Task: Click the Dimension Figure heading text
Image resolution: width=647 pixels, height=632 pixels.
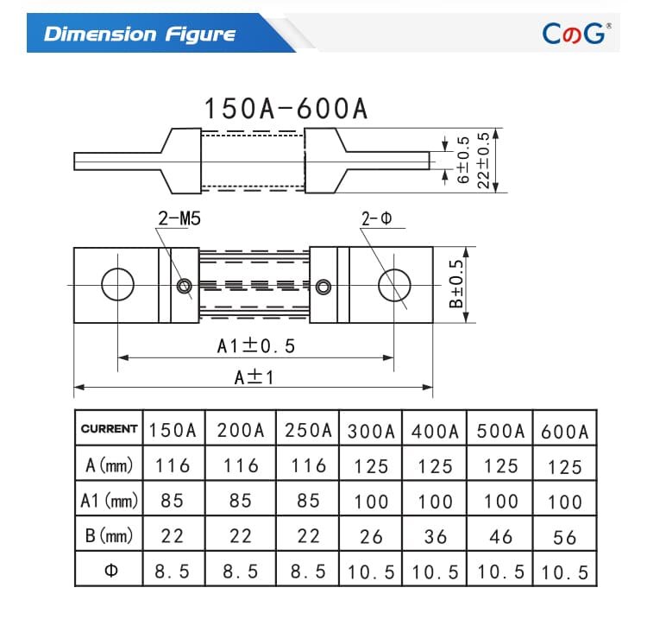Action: click(140, 35)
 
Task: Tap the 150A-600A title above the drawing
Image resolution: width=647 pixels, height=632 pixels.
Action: click(286, 109)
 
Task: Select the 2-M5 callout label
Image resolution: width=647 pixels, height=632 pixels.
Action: click(179, 220)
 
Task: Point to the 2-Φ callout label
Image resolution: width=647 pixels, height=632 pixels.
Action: click(376, 220)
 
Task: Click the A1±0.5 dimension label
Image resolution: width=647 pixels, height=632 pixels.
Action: click(255, 346)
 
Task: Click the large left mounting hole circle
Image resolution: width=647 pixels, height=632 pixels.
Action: click(118, 285)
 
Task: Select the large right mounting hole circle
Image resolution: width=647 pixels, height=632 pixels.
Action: click(393, 285)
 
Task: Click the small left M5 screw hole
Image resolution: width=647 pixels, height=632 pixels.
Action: click(184, 286)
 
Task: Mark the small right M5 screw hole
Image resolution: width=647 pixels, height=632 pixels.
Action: click(323, 286)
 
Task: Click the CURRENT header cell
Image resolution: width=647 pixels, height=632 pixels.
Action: click(109, 429)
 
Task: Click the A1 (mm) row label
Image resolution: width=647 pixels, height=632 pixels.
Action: click(110, 501)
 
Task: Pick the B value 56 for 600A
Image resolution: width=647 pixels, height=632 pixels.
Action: click(565, 537)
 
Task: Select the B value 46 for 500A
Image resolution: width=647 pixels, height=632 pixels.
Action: click(500, 536)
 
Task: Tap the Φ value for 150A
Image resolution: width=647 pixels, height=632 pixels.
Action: click(173, 571)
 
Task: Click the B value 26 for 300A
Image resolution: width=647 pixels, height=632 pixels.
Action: click(371, 536)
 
